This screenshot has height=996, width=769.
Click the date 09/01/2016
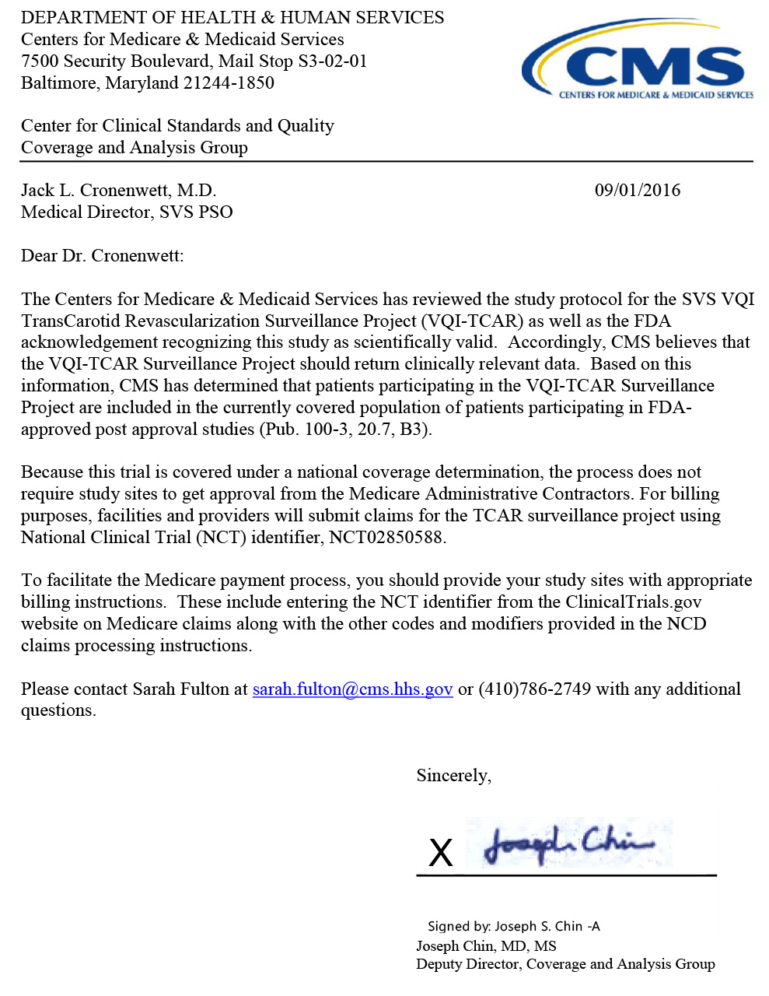637,191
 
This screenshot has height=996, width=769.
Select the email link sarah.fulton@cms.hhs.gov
352,689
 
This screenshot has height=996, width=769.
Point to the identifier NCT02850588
386,538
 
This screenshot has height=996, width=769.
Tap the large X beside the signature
441,853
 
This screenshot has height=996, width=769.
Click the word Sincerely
453,776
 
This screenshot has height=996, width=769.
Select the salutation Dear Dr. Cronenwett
102,256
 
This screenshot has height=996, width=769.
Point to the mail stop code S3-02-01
332,61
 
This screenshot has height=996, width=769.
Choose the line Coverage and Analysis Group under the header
134,148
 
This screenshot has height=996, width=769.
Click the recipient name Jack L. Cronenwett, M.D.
118,191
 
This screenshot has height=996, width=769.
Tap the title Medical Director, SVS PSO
127,212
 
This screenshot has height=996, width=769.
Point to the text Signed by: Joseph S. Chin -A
513,926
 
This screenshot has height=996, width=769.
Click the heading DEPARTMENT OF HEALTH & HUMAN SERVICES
232,18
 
